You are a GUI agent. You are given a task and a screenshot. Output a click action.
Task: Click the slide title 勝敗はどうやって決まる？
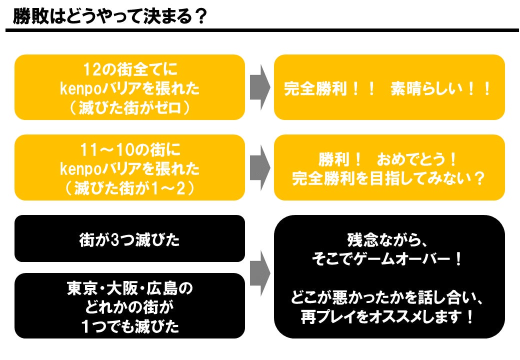coord(110,16)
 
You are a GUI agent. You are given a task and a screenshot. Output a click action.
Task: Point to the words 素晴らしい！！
coord(441,89)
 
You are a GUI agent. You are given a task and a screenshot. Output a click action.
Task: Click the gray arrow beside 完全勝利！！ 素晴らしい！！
coord(260,87)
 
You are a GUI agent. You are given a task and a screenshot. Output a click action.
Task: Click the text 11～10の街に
coord(129,149)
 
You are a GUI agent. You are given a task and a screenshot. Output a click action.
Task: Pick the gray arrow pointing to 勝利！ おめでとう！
coord(260,167)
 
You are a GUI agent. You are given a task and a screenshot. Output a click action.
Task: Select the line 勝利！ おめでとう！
coord(388,159)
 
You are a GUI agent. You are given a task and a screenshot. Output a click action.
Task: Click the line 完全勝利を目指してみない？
coord(388,178)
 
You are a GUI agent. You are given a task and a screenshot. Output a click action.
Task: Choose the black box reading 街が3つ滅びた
coord(129,239)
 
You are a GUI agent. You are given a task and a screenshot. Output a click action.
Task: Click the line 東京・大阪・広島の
coord(129,288)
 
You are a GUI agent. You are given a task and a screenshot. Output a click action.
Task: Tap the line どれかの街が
coord(129,307)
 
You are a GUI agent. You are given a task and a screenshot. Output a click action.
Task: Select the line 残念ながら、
coord(388,239)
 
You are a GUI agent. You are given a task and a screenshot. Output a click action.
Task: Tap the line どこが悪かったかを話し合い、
coord(388,298)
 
